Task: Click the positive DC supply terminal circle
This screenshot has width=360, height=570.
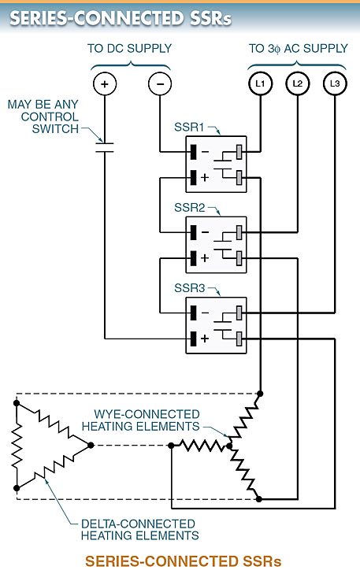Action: click(104, 83)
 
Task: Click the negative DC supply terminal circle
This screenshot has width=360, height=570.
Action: click(160, 83)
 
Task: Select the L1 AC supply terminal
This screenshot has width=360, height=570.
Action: click(259, 83)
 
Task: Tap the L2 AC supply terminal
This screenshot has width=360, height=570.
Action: click(297, 83)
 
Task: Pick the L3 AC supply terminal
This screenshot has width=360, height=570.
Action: click(334, 83)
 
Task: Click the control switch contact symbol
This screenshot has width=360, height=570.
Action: click(104, 146)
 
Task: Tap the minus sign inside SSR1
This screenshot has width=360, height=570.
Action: click(206, 150)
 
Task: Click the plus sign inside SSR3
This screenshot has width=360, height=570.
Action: click(206, 338)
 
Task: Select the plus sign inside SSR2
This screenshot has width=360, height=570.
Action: click(206, 258)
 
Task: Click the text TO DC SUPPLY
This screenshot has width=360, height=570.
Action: click(130, 48)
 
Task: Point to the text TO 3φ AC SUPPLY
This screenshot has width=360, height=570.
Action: click(298, 48)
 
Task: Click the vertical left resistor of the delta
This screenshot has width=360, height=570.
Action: click(16, 446)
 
